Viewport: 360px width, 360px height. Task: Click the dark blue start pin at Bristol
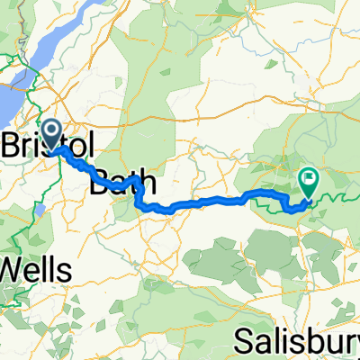[51, 135]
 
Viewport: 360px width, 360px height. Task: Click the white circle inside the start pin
[51, 132]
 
